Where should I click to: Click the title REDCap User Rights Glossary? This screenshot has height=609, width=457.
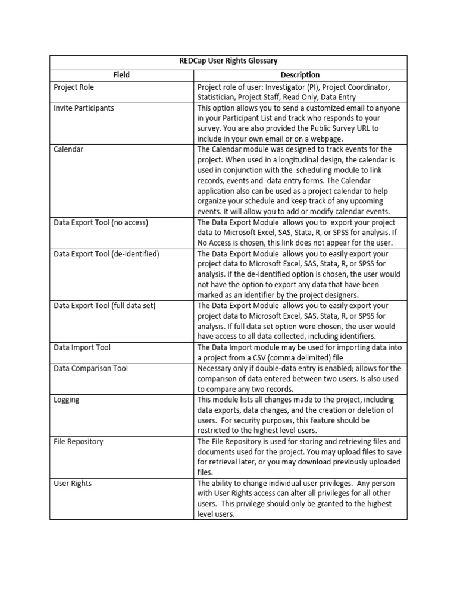228,61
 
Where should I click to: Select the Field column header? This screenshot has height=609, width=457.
121,75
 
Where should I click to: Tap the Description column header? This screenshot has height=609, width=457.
300,75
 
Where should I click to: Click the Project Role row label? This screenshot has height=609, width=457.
74,87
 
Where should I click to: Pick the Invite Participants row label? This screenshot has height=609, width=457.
84,108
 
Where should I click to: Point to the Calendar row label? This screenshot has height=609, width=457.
68,149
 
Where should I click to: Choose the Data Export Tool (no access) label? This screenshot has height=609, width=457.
101,222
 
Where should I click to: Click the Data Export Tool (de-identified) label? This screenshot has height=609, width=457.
107,254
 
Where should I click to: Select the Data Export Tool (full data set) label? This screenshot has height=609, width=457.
104,306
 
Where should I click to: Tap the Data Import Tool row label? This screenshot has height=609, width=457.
82,347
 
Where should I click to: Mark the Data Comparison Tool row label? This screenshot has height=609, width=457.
90,368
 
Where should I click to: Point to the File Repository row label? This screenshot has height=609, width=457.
78,441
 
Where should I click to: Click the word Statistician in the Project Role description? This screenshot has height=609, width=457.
218,98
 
